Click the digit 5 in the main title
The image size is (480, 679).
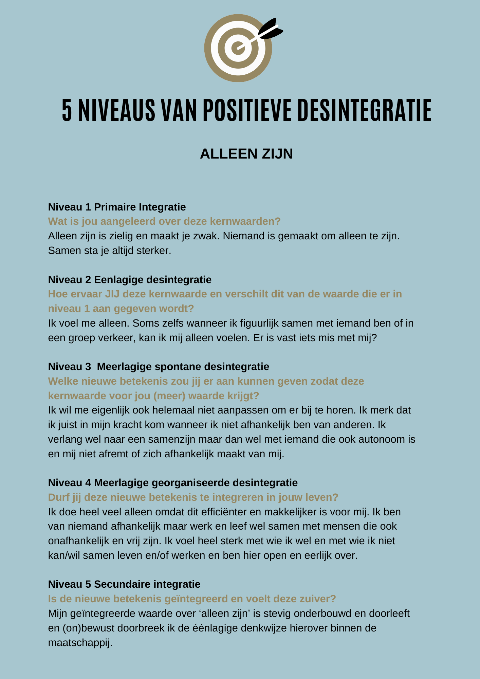(67, 110)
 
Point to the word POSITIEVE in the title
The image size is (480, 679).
(247, 110)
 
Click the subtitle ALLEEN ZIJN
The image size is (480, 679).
(246, 154)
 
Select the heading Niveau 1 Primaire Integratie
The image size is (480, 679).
(117, 207)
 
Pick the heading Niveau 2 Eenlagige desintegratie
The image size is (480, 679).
(130, 279)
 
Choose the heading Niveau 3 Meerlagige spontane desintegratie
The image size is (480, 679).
(159, 367)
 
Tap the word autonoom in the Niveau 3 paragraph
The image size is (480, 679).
(382, 439)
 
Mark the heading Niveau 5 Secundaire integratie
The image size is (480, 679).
(124, 584)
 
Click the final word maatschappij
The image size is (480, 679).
(80, 643)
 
